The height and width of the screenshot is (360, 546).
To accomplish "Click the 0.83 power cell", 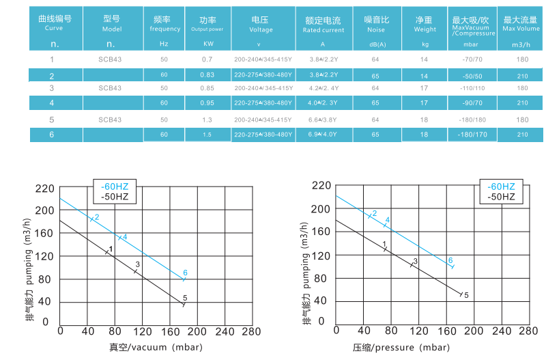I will click(x=207, y=74).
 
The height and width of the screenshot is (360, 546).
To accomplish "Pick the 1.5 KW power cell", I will click(x=207, y=135).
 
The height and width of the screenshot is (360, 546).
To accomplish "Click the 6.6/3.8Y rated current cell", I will click(x=324, y=120).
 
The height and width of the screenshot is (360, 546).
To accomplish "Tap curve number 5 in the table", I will click(x=52, y=120).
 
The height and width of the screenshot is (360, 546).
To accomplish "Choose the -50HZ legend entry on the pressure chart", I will click(x=502, y=197).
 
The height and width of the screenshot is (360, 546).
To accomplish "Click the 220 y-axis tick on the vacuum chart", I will click(x=44, y=187).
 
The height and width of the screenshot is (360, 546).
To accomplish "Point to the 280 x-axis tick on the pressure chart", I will click(x=528, y=331).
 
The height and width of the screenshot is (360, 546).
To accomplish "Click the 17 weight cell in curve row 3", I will click(x=424, y=89).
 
